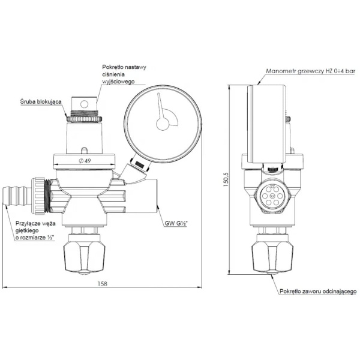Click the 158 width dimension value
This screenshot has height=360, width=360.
102,284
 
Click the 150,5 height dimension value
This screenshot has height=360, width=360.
226,179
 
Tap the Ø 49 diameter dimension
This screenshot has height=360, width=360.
85,161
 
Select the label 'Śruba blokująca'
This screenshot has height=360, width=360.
41,101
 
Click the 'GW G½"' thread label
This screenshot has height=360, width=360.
176,223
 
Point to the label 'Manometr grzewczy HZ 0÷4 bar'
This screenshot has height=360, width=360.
311,71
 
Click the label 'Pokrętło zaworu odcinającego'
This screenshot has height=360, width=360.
318,292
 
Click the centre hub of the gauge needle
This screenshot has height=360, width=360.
163,124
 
